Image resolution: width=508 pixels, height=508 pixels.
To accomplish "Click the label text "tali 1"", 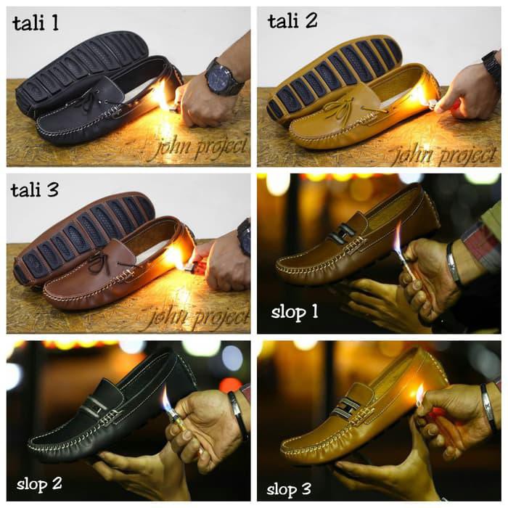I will pos(36,23).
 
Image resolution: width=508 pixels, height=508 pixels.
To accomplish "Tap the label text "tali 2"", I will pos(292,22).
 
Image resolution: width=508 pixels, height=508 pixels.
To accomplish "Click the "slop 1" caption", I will pos(295,313).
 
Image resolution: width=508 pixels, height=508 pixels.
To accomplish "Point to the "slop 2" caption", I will pos(40,482).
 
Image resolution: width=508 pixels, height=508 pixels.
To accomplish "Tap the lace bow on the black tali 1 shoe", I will pos(86,101).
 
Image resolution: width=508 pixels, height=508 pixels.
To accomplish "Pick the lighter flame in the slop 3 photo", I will pos(419,396).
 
